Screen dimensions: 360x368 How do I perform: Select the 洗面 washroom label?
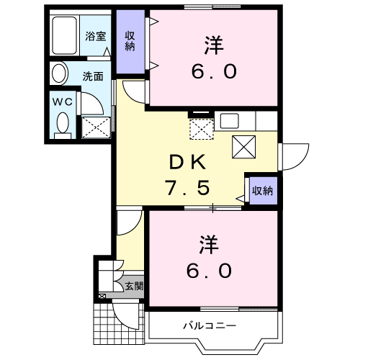click(x=91, y=75)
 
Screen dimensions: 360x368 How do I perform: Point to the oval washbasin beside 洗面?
click(x=58, y=73)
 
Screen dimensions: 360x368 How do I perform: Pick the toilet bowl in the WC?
click(x=62, y=122)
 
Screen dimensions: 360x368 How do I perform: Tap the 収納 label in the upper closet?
click(x=130, y=42)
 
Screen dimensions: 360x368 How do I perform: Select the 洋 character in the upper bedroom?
click(x=213, y=45)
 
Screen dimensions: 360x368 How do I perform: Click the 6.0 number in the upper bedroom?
click(x=213, y=73)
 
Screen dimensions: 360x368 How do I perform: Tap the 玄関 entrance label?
click(x=133, y=286)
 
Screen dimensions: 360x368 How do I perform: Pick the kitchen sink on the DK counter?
click(x=232, y=121)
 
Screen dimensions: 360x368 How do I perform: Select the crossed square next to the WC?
click(x=96, y=128)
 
